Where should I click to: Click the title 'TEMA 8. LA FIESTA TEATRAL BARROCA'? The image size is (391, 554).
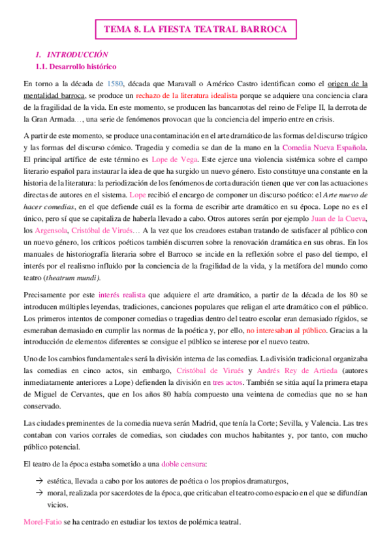click(x=195, y=30)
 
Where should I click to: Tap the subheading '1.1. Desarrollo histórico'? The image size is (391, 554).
click(x=76, y=67)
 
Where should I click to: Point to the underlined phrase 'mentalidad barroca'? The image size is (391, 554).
click(x=54, y=95)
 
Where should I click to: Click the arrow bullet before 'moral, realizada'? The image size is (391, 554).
click(x=40, y=493)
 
